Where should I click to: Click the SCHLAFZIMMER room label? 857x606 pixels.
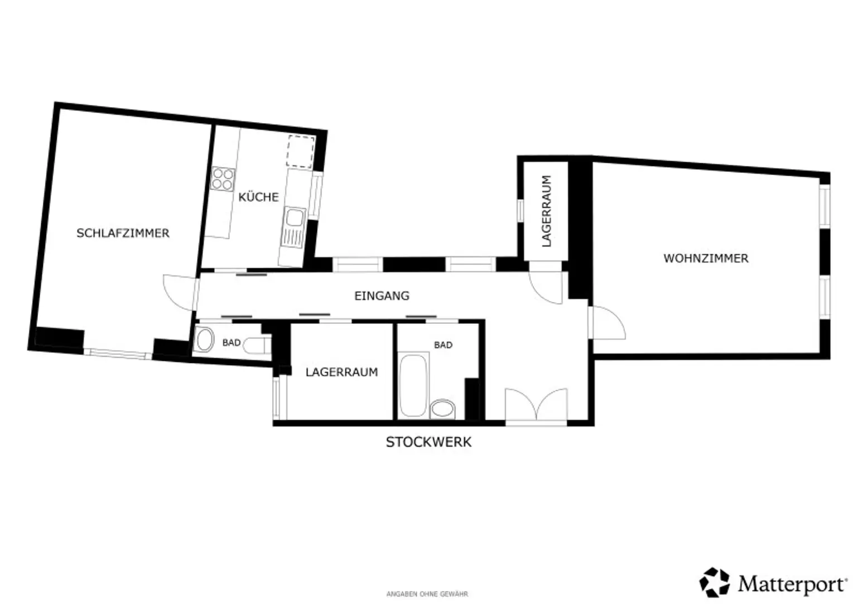pos(123,233)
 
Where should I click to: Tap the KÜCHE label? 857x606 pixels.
pos(259,197)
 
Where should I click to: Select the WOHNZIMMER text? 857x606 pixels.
pos(706,258)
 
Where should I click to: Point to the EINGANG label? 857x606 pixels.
pos(382,295)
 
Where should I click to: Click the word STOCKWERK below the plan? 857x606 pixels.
pos(428,442)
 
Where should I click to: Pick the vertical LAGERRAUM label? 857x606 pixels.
pos(547,211)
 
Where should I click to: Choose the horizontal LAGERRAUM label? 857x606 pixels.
pos(341,372)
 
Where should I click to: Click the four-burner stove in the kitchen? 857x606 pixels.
pos(223,179)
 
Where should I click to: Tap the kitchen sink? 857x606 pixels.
pos(294,227)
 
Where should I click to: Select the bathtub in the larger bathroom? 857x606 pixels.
pos(413,385)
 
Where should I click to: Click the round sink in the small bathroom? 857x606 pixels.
pos(205,340)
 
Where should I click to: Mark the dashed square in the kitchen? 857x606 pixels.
pos(301,152)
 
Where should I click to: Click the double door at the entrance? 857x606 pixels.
pos(536,406)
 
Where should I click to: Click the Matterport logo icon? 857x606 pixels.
pos(714,582)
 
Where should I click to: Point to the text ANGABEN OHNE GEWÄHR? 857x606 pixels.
pos(427,594)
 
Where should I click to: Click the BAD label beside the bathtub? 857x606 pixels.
pos(443,345)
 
